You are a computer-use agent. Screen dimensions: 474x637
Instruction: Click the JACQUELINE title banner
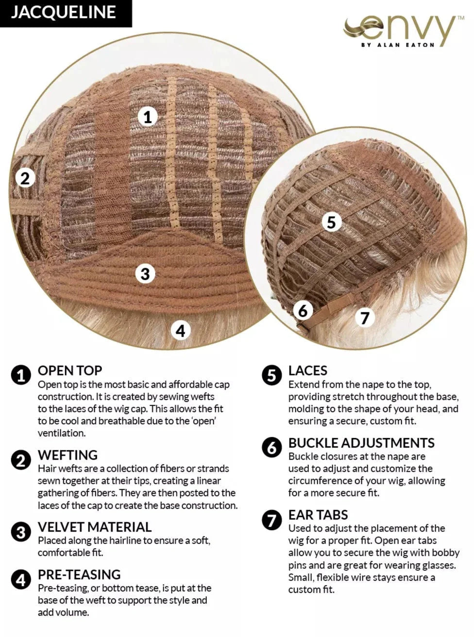click(x=66, y=14)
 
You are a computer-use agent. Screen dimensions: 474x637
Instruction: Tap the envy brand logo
click(x=403, y=32)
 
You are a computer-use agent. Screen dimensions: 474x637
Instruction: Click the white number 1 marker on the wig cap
click(x=148, y=117)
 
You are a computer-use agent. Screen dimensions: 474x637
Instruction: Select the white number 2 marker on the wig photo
click(x=25, y=178)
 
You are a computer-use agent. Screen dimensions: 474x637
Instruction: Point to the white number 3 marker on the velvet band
click(x=145, y=274)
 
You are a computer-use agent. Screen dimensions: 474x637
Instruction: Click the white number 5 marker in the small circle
click(x=331, y=222)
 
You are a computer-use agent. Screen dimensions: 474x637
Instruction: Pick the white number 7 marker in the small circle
click(x=365, y=317)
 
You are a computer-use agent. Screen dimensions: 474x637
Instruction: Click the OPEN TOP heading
click(x=70, y=370)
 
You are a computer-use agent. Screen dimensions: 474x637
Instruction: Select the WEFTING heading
click(x=68, y=455)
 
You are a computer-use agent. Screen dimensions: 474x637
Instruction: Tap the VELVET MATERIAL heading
click(x=95, y=527)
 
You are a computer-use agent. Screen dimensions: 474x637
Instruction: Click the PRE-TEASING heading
click(x=79, y=574)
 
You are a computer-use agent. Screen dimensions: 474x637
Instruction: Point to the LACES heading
click(x=308, y=370)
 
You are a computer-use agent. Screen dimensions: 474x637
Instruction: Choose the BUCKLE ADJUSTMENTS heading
click(x=361, y=443)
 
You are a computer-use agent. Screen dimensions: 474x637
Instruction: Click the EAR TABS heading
click(x=318, y=515)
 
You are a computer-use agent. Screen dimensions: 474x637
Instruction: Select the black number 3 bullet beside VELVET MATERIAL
click(x=21, y=532)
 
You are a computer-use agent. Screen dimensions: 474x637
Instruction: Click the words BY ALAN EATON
click(x=398, y=45)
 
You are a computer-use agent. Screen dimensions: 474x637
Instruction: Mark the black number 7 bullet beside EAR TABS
click(x=271, y=520)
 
